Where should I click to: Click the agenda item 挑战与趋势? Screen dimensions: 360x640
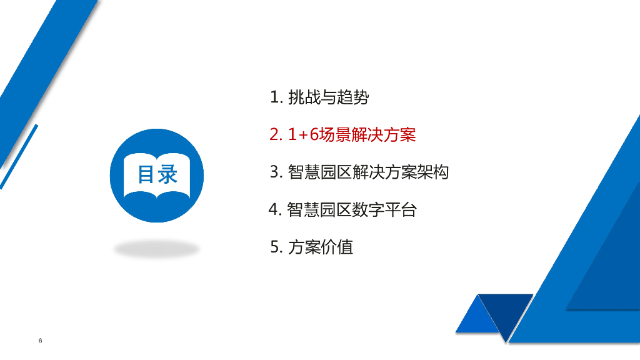pos(328,97)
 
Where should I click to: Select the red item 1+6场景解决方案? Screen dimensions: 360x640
pos(352,134)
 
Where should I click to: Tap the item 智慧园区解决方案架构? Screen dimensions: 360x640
pos(368,172)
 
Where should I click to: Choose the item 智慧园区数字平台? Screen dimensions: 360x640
pos(351,209)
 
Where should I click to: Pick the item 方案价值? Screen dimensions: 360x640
pos(321,247)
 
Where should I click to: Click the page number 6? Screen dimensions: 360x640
pos(41,341)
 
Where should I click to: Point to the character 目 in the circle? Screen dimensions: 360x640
pos(146,174)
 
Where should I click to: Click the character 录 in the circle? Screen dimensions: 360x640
pos(168,174)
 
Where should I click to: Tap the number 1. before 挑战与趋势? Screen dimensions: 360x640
pos(276,97)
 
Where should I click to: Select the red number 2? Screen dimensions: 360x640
pos(276,134)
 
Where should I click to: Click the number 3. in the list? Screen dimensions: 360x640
pos(276,172)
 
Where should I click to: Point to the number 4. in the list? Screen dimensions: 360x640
pos(276,209)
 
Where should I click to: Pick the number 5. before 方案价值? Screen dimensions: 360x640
pos(276,247)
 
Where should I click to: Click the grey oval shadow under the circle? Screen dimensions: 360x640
pos(156,249)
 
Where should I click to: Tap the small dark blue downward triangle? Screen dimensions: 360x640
pos(506,310)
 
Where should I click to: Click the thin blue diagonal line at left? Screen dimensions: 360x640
pos(19,156)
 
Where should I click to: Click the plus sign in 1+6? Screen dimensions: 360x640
pos(304,135)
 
